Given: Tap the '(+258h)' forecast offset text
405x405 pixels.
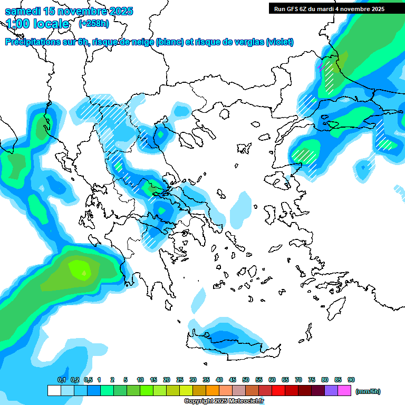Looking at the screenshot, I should click(x=94, y=24).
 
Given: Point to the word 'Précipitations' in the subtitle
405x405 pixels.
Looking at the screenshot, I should click(x=34, y=42).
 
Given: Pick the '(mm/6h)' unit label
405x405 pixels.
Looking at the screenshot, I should click(x=368, y=391).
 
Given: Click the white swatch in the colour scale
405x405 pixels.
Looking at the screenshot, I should click(x=54, y=391).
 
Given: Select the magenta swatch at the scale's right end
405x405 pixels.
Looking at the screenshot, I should click(x=344, y=391).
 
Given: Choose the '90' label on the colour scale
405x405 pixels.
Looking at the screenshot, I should click(x=351, y=380).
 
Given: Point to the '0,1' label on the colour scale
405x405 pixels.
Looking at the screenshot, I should click(x=61, y=380).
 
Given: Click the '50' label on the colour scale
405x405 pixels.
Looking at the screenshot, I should click(x=246, y=380).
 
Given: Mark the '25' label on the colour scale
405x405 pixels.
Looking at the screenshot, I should click(x=180, y=380).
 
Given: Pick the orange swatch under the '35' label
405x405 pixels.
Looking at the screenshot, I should click(x=213, y=391).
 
